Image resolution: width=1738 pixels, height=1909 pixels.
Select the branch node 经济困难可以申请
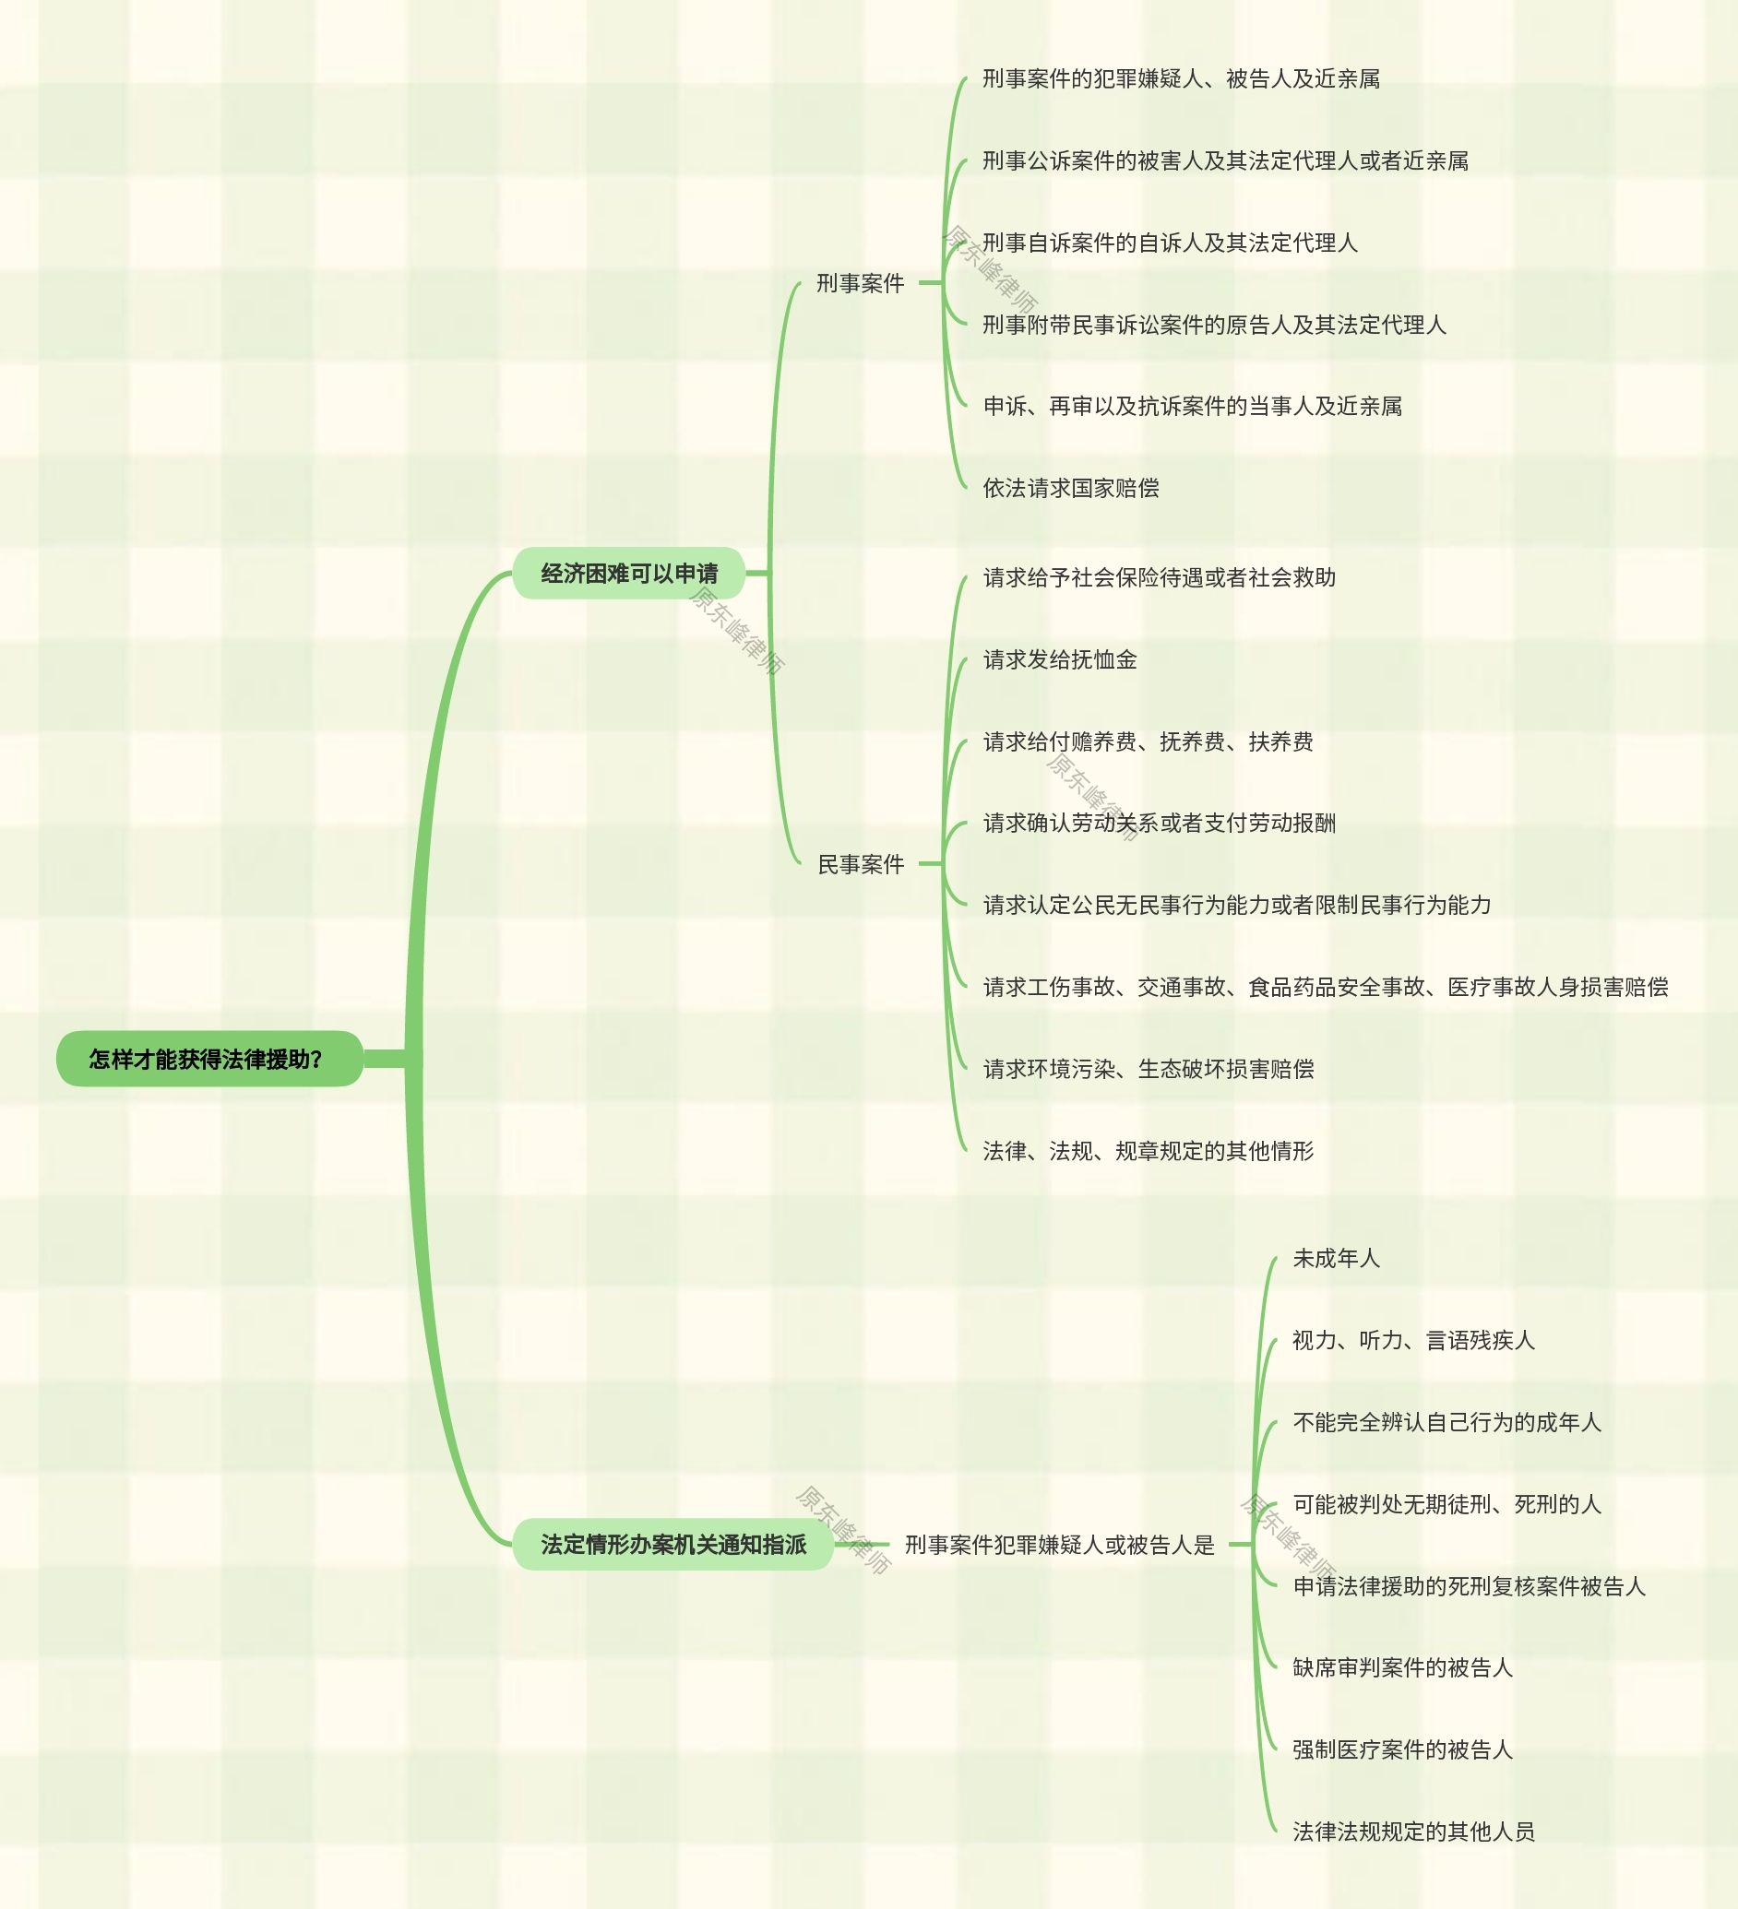click(629, 573)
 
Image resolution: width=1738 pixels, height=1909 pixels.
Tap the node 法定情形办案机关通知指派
click(673, 1545)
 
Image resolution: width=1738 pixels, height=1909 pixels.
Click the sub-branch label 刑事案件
click(860, 282)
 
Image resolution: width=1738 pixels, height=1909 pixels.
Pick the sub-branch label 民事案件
click(860, 863)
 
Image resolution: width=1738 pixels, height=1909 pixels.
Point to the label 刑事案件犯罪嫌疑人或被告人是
click(1059, 1545)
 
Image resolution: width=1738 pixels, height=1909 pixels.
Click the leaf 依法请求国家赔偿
click(1070, 488)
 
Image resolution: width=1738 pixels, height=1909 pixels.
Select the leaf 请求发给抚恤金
click(1059, 659)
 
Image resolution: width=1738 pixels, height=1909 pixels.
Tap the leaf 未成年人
click(1336, 1259)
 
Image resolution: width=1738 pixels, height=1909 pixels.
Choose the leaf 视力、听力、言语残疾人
click(1412, 1340)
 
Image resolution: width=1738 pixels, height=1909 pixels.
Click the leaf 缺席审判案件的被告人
click(1402, 1667)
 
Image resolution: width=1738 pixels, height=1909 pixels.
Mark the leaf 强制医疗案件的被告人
click(1402, 1749)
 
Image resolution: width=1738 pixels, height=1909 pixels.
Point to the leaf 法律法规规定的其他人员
click(1413, 1832)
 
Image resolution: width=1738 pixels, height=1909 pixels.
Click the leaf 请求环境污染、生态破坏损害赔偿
click(1148, 1069)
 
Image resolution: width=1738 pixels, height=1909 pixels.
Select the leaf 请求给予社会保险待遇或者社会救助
click(1160, 577)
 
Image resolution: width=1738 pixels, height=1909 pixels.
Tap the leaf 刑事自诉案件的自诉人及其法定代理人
click(1170, 243)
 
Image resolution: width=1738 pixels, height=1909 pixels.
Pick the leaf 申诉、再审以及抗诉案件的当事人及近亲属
click(1193, 406)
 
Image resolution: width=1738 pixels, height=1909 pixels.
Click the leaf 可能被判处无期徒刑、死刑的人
click(1446, 1504)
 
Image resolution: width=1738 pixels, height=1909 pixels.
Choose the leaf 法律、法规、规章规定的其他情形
click(1148, 1151)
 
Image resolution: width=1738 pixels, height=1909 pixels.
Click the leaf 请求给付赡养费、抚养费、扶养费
click(1148, 741)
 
